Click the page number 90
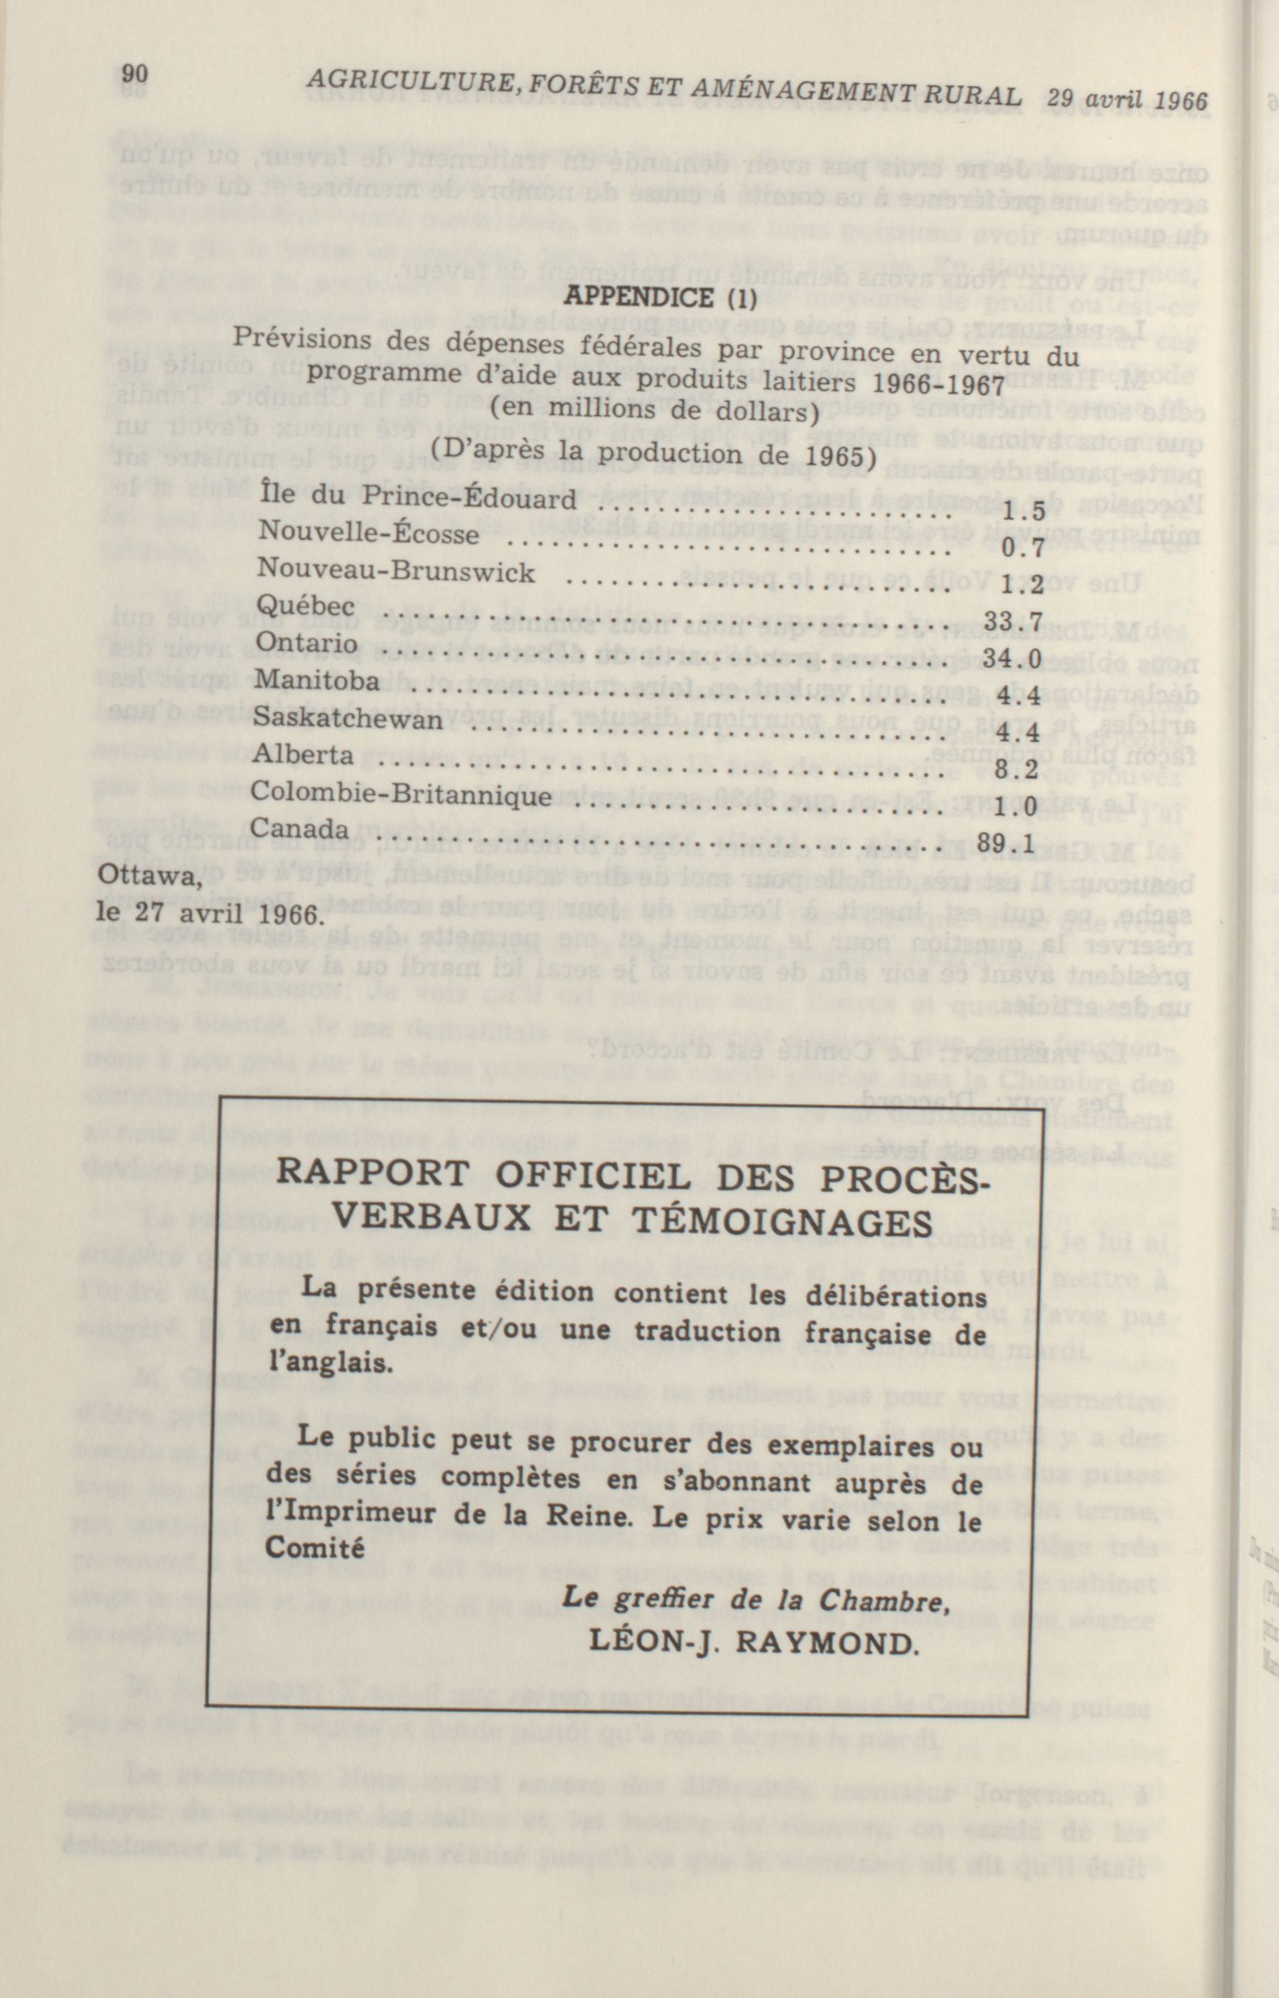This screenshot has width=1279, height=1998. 136,75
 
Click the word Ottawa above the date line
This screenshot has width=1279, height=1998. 150,876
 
